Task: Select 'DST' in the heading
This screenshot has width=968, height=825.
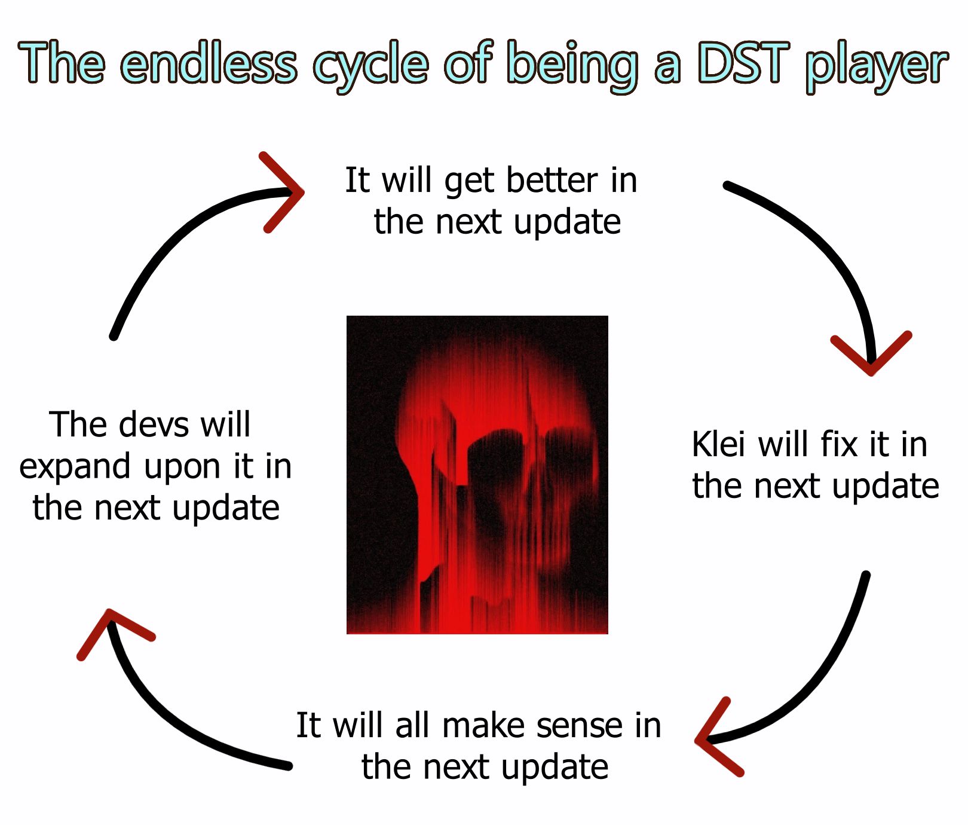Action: (x=744, y=62)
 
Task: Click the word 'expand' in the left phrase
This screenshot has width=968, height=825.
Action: (x=75, y=467)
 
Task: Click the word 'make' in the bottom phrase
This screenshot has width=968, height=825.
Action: (x=483, y=725)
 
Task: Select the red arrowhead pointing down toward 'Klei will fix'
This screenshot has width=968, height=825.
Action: (x=871, y=353)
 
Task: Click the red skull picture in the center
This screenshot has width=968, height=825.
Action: (x=477, y=475)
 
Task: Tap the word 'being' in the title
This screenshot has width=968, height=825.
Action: (x=573, y=66)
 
